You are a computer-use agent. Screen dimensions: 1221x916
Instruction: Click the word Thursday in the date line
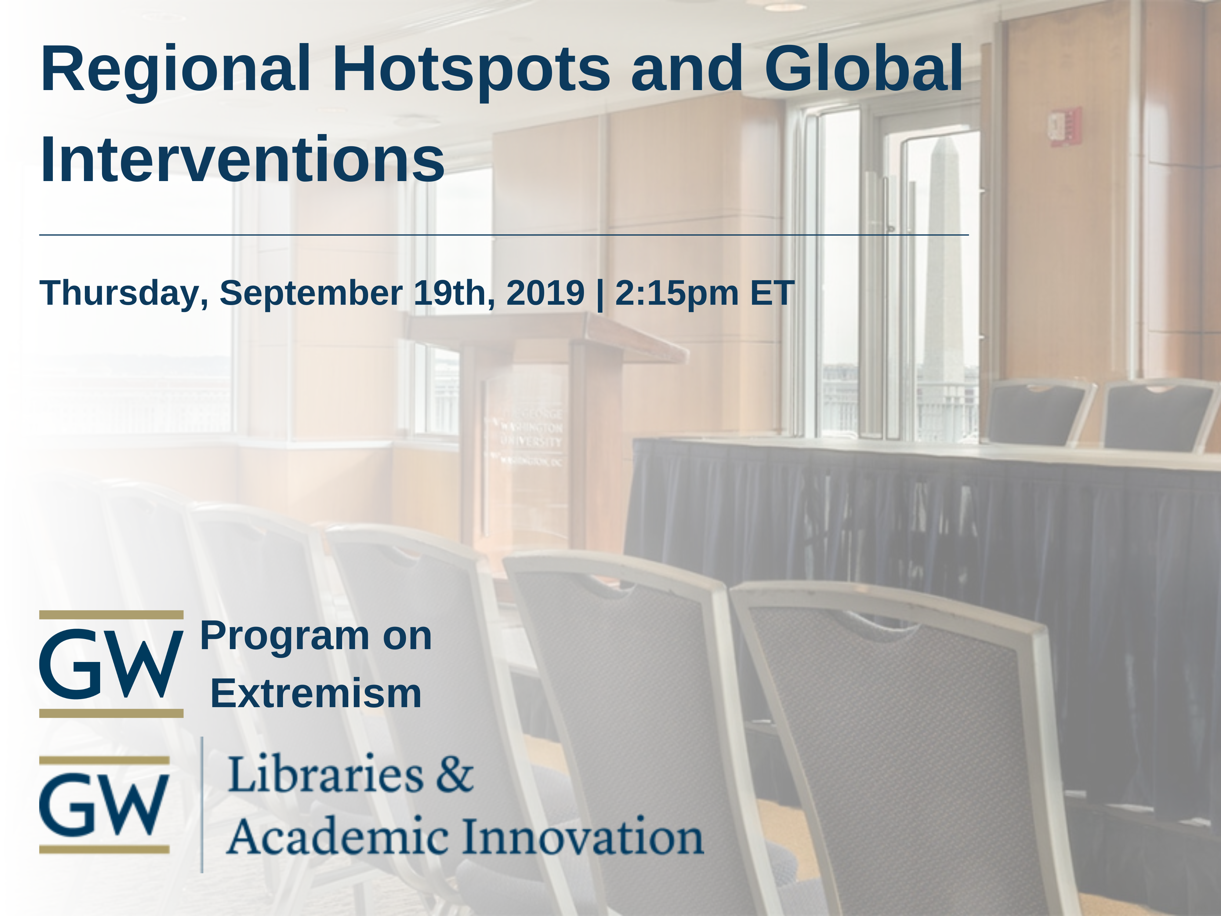coord(124,293)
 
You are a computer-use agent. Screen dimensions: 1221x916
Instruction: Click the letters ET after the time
coord(772,292)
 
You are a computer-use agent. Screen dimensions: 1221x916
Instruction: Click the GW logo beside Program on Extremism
coord(111,664)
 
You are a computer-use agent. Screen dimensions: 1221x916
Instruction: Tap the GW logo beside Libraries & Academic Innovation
coord(104,805)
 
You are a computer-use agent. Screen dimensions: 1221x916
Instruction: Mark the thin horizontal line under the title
coord(504,235)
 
